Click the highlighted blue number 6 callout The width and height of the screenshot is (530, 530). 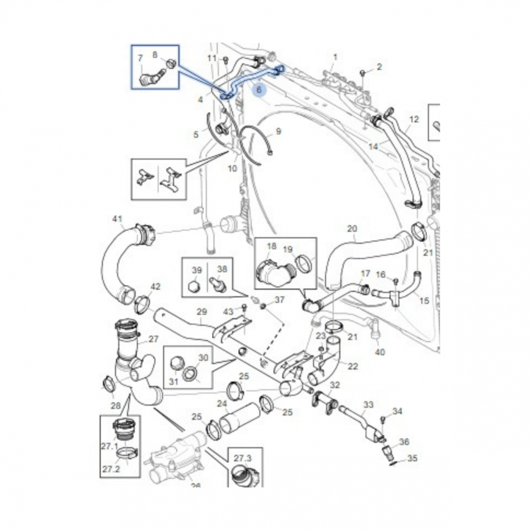point(259,90)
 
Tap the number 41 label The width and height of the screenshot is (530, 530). point(117,219)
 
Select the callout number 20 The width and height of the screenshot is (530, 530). point(352,228)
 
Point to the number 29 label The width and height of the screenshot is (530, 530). point(201,312)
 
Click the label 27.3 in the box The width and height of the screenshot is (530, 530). point(242,459)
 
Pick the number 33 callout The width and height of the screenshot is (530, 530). point(369,405)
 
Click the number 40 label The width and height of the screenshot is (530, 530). point(380,352)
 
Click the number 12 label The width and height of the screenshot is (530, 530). point(414,119)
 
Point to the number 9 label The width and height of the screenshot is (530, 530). point(278,131)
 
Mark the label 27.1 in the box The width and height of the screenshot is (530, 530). point(110,446)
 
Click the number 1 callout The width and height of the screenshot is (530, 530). point(335,57)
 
